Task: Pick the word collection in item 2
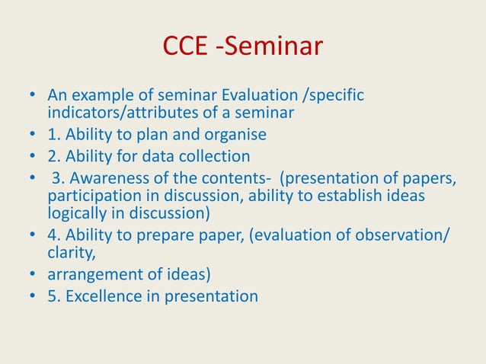(x=216, y=157)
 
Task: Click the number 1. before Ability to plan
(x=53, y=135)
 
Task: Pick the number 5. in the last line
(x=53, y=295)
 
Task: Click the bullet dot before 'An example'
(x=30, y=98)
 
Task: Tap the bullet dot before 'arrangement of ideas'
(x=30, y=273)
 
